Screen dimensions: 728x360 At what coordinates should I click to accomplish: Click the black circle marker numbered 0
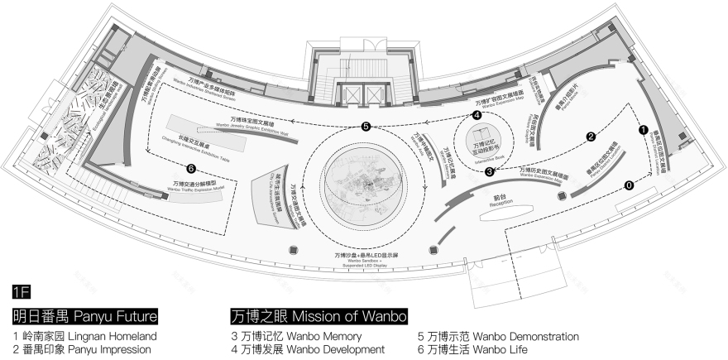(629, 185)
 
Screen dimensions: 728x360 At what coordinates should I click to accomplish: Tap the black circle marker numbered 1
(642, 130)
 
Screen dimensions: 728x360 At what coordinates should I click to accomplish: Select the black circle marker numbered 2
(591, 137)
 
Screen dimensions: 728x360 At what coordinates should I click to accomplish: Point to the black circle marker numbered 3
(490, 172)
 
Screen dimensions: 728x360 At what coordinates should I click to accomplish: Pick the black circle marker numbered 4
(477, 116)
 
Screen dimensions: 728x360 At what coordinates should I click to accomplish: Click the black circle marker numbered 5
(365, 127)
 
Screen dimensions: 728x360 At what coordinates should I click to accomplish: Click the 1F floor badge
(22, 291)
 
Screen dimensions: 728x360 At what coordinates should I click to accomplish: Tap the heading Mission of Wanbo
(318, 316)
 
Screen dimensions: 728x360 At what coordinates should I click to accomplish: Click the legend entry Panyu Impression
(81, 349)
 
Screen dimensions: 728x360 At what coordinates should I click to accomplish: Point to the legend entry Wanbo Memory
(295, 337)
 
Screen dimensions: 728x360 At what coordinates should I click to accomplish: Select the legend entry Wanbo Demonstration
(498, 337)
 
